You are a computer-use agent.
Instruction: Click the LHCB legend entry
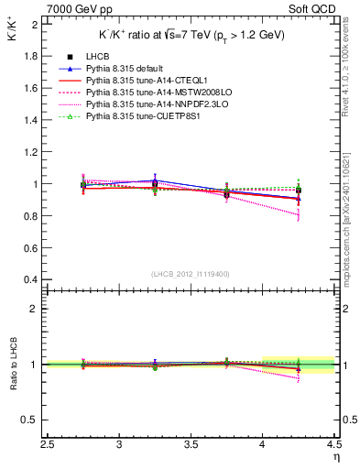pyautogui.click(x=96, y=57)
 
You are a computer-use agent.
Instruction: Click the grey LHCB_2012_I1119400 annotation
pyautogui.click(x=191, y=274)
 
